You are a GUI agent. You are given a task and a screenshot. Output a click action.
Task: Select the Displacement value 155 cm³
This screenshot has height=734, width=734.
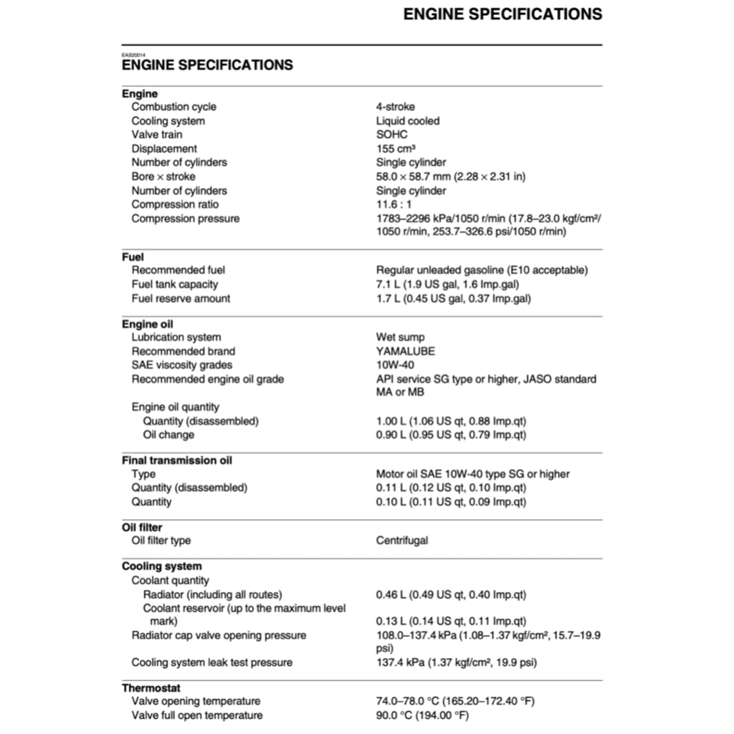tap(396, 148)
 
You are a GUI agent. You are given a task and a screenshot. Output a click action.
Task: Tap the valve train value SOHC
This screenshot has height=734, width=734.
tap(391, 135)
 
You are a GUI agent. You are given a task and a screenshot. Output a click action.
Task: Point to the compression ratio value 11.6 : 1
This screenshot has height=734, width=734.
tap(394, 204)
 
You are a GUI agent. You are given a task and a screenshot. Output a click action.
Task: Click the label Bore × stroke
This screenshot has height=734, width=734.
tap(163, 176)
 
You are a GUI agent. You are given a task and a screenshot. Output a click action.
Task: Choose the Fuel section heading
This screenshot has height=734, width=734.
tap(133, 257)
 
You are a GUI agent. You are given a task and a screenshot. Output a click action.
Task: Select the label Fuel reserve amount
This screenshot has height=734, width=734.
tap(181, 298)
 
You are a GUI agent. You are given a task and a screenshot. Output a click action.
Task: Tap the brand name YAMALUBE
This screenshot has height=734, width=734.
tap(405, 351)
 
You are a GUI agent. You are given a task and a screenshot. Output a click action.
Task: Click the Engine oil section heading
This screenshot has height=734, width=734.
tap(147, 324)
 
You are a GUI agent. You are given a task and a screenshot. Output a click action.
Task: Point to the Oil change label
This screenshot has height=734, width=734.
tap(168, 434)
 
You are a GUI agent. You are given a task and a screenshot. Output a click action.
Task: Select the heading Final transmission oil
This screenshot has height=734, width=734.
tap(176, 460)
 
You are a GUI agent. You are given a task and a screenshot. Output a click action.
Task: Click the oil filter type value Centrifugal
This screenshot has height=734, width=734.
tap(401, 540)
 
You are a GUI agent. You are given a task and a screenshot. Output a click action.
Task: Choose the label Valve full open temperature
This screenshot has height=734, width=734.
tap(196, 715)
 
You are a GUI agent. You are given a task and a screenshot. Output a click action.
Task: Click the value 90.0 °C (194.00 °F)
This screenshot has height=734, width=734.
tap(422, 715)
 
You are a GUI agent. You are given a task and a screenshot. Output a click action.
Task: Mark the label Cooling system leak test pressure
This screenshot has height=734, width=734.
tap(211, 662)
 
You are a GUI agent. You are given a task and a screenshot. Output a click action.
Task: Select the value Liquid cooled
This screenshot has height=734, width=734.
tap(408, 121)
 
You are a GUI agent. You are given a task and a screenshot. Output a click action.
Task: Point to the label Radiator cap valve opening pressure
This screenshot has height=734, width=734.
tap(219, 635)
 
